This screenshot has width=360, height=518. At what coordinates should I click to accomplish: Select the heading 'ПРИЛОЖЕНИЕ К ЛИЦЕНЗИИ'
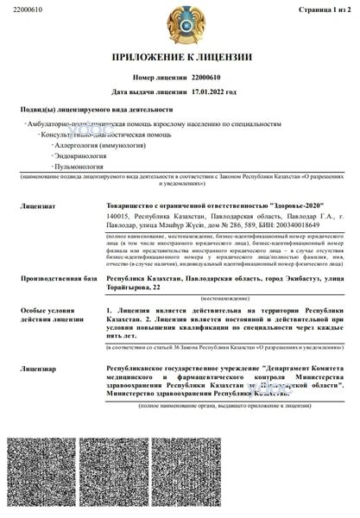coord(180,58)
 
